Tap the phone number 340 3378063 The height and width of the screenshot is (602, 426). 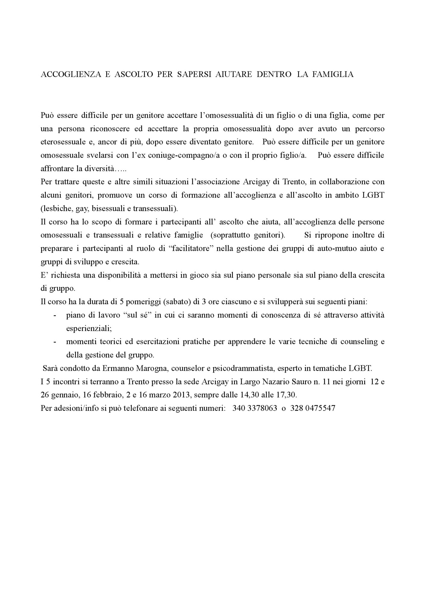[255, 408]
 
